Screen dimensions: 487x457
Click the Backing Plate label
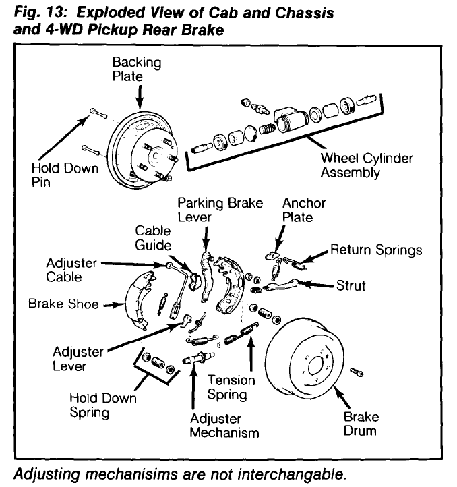coord(137,69)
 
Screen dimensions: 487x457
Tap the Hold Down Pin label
coord(64,175)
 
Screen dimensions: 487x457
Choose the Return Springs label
coord(376,250)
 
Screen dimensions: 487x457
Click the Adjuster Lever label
coord(78,360)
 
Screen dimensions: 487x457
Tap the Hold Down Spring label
coord(102,405)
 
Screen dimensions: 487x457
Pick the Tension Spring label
coord(231,388)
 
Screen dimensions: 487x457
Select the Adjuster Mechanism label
coord(224,425)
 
